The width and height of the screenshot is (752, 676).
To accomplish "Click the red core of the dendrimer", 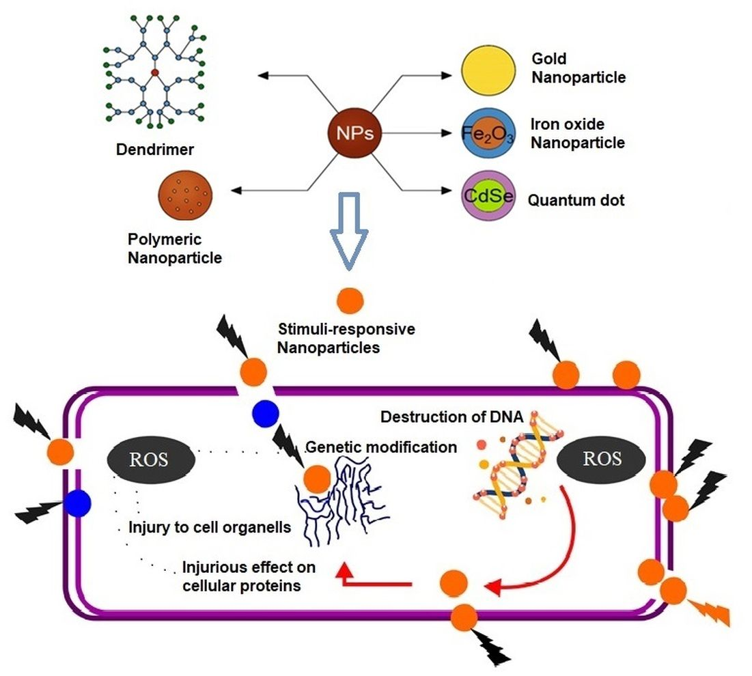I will coord(155,72).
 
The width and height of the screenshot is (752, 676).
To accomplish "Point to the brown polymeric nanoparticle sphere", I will coord(184,198).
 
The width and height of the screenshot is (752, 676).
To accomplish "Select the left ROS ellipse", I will coord(150,458).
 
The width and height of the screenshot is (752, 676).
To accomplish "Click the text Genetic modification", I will coord(381,447).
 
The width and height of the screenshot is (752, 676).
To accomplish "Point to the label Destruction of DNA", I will coord(451,417).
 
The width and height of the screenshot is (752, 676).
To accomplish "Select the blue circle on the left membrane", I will coord(78,503).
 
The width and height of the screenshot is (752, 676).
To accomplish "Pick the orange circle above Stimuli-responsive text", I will coord(350,300).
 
